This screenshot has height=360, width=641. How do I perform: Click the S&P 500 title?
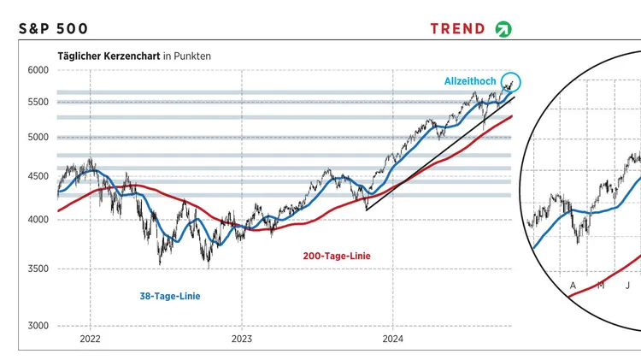click(52, 28)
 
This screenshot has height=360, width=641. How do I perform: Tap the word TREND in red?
click(457, 28)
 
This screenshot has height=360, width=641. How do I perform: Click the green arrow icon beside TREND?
click(503, 29)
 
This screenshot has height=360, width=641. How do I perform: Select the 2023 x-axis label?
click(242, 338)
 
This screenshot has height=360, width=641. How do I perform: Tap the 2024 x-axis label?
click(392, 338)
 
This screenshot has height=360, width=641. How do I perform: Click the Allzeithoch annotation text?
click(470, 81)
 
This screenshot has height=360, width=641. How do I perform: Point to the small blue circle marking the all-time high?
click(510, 82)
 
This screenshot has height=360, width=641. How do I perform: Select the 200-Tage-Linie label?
click(337, 256)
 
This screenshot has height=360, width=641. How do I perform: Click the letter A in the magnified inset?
click(573, 284)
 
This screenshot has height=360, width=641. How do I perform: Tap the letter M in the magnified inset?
click(601, 285)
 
